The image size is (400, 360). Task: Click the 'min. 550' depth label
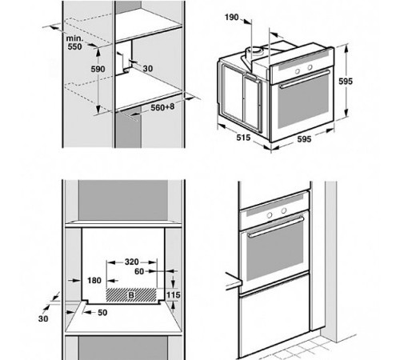[x=74, y=42]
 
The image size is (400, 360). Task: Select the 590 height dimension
[x=98, y=69]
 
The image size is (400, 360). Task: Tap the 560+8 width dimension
[x=162, y=107]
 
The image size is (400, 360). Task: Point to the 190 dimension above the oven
[x=231, y=18]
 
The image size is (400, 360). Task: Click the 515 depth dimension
[x=243, y=138]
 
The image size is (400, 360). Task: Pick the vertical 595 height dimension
[x=346, y=82]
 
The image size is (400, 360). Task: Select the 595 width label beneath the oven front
[x=304, y=139]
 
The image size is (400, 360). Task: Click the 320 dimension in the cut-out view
[x=132, y=262]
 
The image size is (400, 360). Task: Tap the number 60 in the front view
[x=139, y=271]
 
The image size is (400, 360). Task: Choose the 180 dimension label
[x=94, y=281]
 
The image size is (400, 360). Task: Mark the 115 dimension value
[x=174, y=295]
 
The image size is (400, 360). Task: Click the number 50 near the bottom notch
[x=102, y=313]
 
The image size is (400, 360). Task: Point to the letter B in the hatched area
[x=131, y=295]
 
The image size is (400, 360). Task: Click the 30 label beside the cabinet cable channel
[x=148, y=69]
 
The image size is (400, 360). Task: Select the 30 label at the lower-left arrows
[x=43, y=318]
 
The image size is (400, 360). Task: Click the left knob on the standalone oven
[x=298, y=71]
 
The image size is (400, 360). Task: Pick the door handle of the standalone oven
[x=305, y=79]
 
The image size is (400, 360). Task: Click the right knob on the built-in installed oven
[x=284, y=210]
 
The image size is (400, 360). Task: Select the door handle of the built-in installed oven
[x=276, y=227]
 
